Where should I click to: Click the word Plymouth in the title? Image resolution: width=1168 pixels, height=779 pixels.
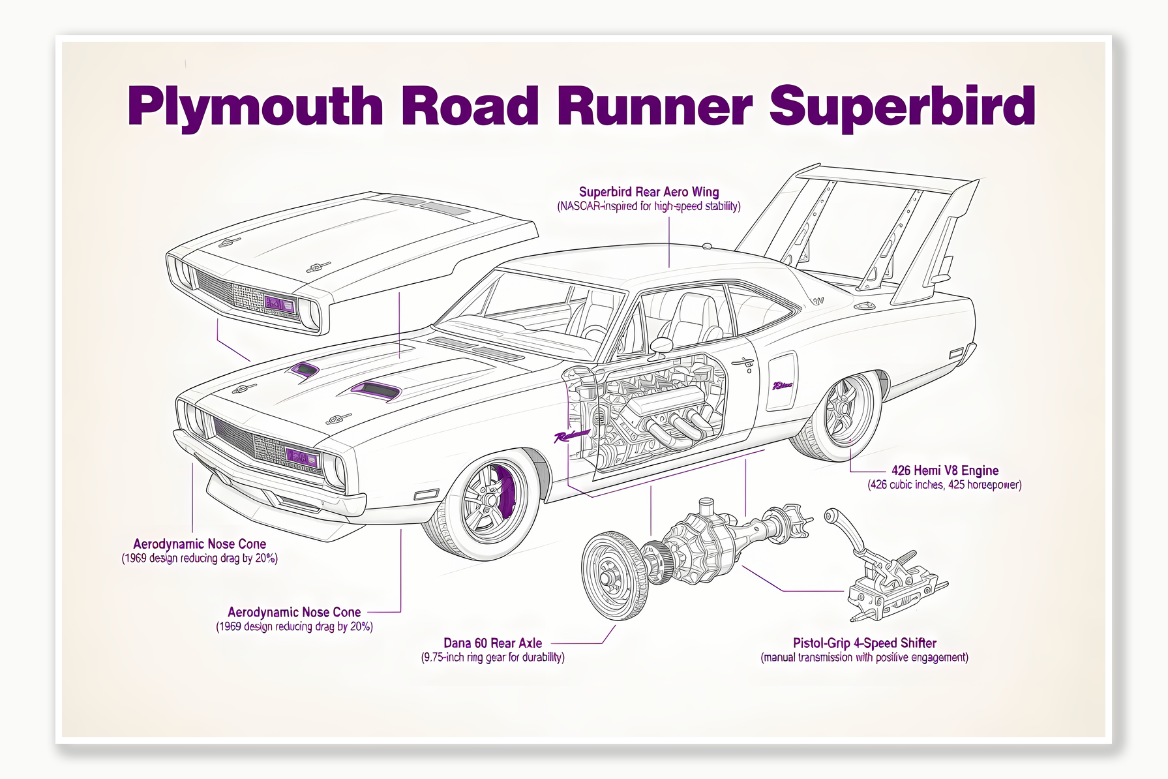click(255, 106)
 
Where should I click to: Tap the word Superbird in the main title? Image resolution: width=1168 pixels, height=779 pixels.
click(902, 106)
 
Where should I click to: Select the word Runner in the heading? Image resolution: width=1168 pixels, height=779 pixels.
click(654, 106)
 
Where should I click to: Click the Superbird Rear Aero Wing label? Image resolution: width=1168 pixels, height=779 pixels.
click(649, 192)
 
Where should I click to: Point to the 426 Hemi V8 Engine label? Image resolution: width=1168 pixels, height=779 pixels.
click(945, 470)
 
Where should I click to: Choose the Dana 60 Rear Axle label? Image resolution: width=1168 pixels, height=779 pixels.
click(492, 643)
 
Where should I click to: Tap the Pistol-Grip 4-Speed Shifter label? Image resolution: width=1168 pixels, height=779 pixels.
click(864, 643)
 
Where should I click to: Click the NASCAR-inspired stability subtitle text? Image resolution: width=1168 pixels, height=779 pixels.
click(649, 207)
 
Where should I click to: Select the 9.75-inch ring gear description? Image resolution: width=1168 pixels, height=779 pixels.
click(492, 658)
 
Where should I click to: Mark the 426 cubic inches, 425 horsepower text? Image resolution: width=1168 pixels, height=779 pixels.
click(944, 485)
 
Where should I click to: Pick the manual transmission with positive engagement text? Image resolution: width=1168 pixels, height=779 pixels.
click(864, 658)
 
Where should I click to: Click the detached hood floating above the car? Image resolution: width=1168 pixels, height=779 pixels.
click(352, 254)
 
